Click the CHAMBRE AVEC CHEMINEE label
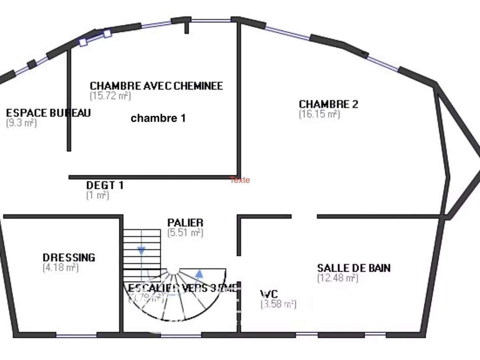pyautogui.click(x=156, y=86)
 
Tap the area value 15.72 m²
pyautogui.click(x=110, y=96)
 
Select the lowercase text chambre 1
pyautogui.click(x=158, y=118)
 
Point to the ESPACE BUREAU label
pyautogui.click(x=48, y=113)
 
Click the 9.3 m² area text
pyautogui.click(x=22, y=123)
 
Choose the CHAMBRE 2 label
pyautogui.click(x=328, y=104)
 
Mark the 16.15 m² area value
pyautogui.click(x=319, y=114)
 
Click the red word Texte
pyautogui.click(x=240, y=180)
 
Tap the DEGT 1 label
pyautogui.click(x=105, y=185)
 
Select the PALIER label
pyautogui.click(x=185, y=222)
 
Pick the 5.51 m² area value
pyautogui.click(x=185, y=232)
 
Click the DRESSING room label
pyautogui.click(x=69, y=257)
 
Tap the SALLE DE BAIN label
pyautogui.click(x=354, y=268)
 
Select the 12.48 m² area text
pyautogui.click(x=337, y=278)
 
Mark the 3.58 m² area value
pyautogui.click(x=278, y=304)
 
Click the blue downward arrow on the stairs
pyautogui.click(x=141, y=251)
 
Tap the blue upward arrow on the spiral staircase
pyautogui.click(x=199, y=274)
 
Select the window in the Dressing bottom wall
pyautogui.click(x=76, y=335)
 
